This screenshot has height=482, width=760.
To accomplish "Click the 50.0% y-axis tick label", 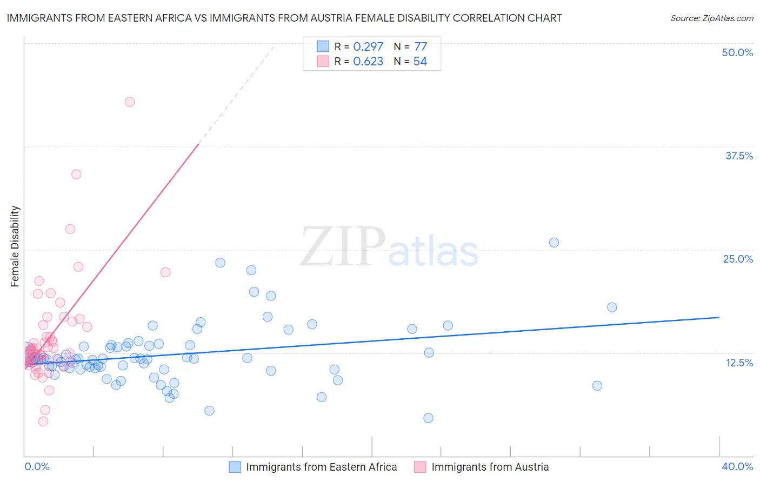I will [x=737, y=52].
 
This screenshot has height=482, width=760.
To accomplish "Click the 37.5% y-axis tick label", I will [x=739, y=156].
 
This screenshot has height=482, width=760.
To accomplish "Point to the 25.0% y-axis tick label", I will [x=738, y=259].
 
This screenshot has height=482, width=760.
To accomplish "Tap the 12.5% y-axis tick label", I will [x=739, y=362].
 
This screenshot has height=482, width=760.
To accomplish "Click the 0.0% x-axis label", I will [x=37, y=466].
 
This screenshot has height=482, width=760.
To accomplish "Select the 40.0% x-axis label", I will [x=737, y=466].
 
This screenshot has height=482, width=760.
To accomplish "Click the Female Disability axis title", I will [x=15, y=246].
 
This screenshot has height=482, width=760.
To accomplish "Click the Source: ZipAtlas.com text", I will [x=711, y=18].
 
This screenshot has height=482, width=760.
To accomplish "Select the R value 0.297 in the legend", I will [x=368, y=46].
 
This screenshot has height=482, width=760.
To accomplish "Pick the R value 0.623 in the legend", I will [x=368, y=61].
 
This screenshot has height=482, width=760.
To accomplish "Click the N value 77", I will [x=421, y=46].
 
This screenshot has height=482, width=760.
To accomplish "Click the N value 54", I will [x=420, y=61].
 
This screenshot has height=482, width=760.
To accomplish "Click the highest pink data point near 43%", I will [x=130, y=102].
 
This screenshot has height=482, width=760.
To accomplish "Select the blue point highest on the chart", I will [x=554, y=243].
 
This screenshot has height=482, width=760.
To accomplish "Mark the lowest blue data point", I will [x=428, y=418].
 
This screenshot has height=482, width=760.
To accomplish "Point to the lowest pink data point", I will [x=43, y=421].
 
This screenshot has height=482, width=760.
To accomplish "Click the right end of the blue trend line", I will [x=719, y=317].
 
